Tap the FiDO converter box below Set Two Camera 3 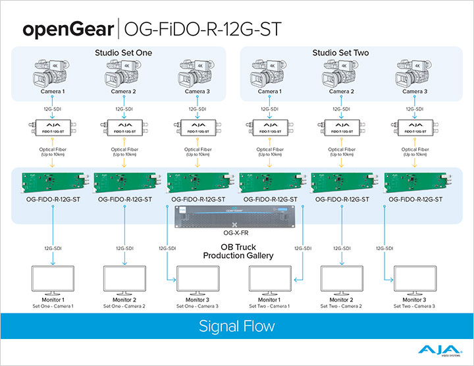pyautogui.click(x=414, y=127)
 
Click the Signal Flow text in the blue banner pyautogui.click(x=236, y=326)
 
